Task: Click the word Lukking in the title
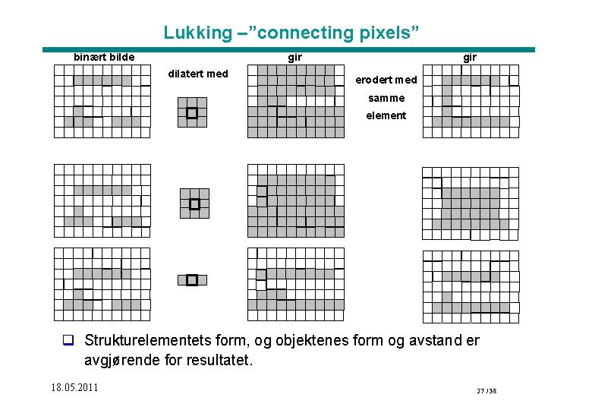197,33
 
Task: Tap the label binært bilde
104,57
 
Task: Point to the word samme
386,98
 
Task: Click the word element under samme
386,115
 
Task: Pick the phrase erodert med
386,80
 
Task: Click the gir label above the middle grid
294,57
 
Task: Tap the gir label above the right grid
470,57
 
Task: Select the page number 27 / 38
487,391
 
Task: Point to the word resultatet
213,360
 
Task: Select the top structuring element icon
192,112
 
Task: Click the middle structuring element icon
194,203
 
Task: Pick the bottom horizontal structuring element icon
192,280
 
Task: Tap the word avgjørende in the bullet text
120,360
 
